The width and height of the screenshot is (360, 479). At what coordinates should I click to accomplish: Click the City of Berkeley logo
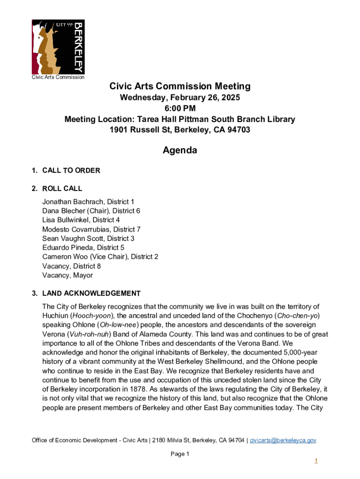click(58, 47)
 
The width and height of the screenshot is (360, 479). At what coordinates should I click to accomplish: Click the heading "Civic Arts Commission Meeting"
click(180, 87)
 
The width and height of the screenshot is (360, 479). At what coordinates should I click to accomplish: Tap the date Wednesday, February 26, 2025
click(180, 98)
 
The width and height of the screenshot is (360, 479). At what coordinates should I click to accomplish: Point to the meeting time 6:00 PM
click(180, 109)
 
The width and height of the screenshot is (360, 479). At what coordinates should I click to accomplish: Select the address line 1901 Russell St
click(180, 130)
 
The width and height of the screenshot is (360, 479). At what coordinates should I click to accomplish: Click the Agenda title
click(180, 150)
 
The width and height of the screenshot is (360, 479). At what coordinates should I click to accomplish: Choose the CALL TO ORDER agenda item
click(71, 171)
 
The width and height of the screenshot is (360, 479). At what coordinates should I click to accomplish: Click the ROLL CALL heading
click(62, 189)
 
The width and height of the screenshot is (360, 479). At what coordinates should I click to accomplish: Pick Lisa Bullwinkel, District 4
click(81, 220)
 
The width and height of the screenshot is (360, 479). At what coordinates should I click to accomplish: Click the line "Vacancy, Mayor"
click(67, 275)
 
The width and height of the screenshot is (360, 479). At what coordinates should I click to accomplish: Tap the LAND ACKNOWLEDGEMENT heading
click(91, 293)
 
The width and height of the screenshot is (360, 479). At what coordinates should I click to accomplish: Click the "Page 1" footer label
click(180, 454)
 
